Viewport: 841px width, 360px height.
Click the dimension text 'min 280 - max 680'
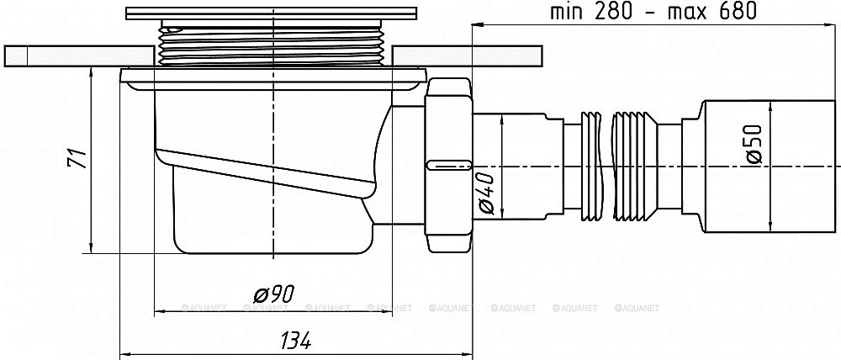tap(653, 11)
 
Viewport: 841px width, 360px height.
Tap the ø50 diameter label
tap(754, 144)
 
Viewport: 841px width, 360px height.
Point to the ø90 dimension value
tap(274, 294)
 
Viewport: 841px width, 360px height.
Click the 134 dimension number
tap(294, 340)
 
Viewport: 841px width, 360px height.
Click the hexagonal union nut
tap(448, 165)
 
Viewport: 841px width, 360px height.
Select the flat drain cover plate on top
tap(272, 13)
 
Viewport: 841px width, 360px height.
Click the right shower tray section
tap(467, 56)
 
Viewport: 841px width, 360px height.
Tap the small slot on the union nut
tap(448, 165)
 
